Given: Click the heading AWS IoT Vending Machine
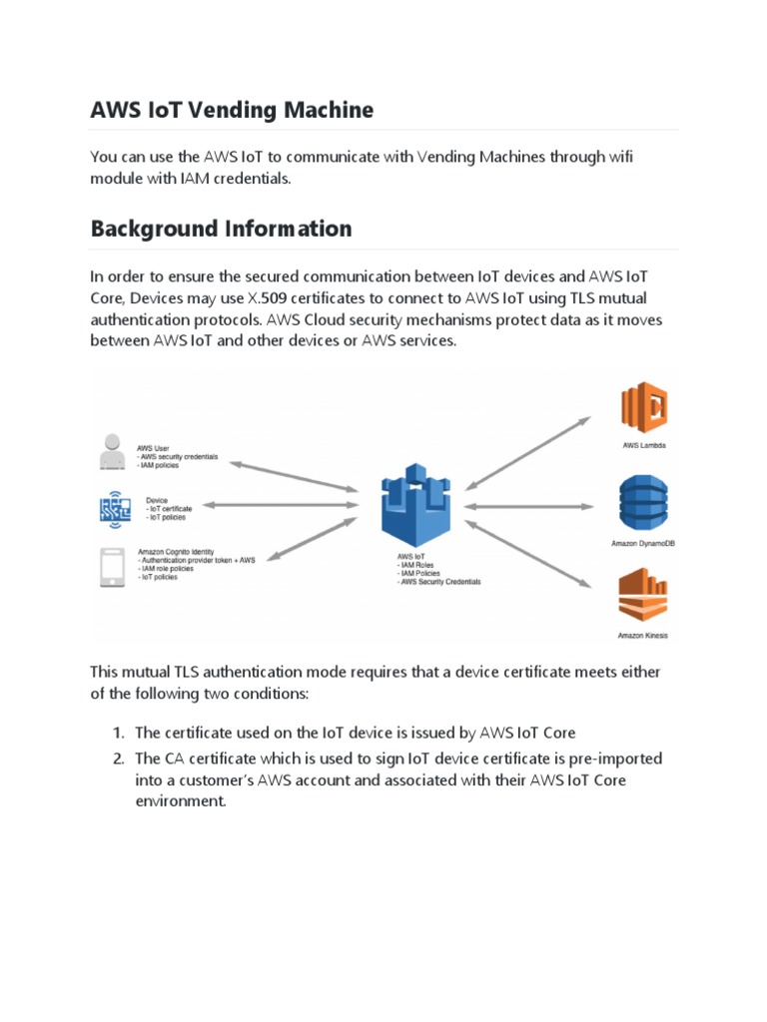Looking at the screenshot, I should [232, 110].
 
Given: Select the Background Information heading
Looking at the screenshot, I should [221, 229].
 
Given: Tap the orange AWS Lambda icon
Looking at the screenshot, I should [644, 406].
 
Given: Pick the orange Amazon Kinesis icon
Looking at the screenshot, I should [644, 595].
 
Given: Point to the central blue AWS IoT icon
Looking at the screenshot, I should [414, 505].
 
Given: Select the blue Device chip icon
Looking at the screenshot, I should [114, 508].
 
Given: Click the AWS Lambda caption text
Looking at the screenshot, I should [644, 445].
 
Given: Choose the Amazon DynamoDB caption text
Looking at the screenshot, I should [644, 545].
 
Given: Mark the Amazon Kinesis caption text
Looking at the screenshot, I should [644, 635].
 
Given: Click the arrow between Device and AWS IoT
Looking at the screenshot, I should [282, 506].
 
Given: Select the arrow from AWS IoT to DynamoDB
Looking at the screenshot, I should [531, 506].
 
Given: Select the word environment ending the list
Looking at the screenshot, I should [181, 801].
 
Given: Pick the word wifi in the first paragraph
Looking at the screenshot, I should [618, 157].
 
